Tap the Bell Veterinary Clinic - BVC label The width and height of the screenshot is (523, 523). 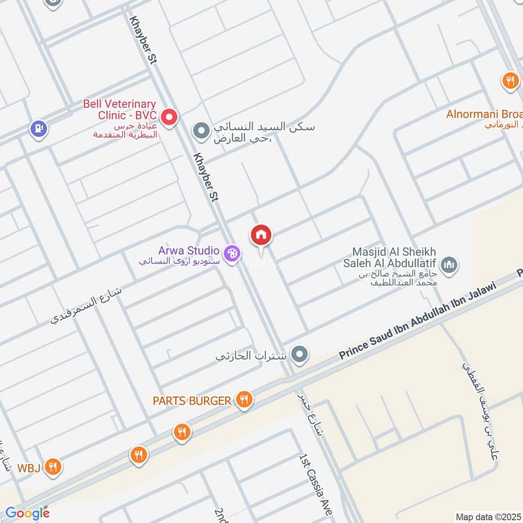click(x=119, y=109)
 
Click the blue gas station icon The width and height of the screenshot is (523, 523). click(x=39, y=128)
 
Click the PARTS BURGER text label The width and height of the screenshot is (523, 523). click(x=192, y=400)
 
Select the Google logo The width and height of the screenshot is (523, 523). click(x=27, y=513)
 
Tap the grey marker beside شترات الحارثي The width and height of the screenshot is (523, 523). click(x=299, y=355)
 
